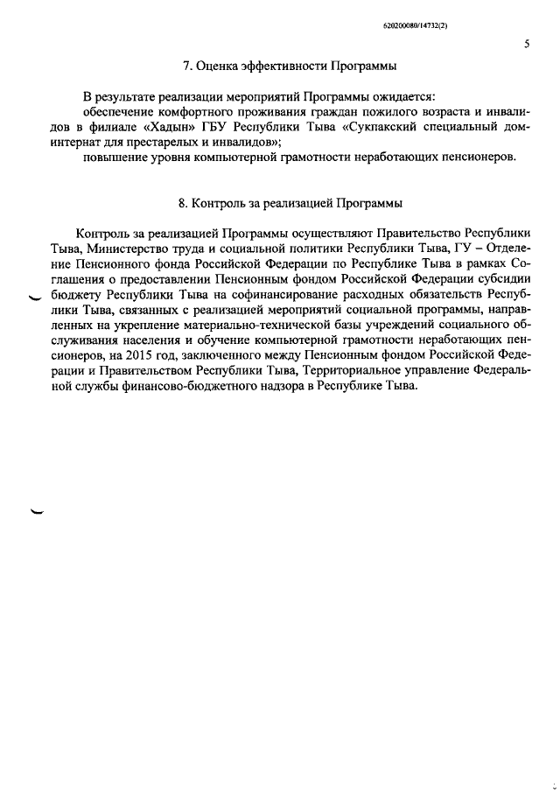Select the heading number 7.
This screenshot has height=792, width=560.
(186, 67)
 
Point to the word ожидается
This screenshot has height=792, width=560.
(399, 95)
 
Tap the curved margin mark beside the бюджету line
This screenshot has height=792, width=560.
(36, 298)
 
